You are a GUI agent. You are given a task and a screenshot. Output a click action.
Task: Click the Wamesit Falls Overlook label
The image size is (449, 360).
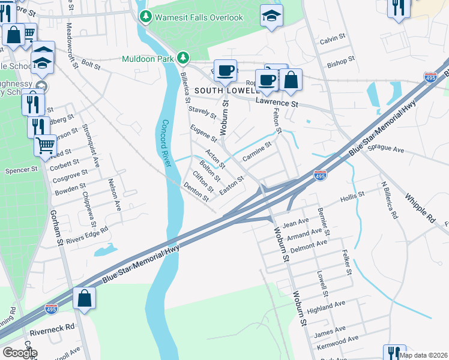199,17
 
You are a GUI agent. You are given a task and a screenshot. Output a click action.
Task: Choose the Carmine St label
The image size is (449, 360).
257,151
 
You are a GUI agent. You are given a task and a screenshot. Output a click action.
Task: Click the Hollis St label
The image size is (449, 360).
352,196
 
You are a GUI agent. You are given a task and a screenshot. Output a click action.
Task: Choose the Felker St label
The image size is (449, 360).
346,263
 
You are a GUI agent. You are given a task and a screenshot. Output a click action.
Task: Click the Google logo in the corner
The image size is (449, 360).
20,353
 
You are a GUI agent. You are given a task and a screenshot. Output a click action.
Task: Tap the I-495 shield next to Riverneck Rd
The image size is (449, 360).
52,309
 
